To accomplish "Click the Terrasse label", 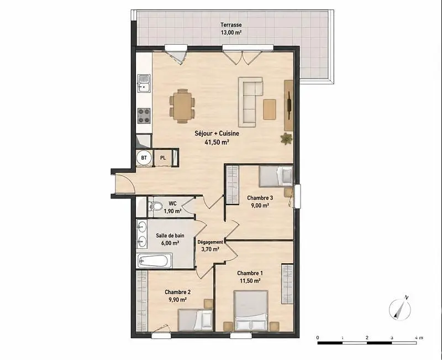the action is click(231, 25).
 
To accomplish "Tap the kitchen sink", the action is click(144, 84).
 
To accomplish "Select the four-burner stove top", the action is click(144, 116).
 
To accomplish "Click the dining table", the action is click(182, 106).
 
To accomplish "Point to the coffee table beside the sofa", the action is click(270, 109).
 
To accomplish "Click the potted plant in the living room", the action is click(286, 139).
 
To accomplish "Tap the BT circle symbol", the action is click(144, 158).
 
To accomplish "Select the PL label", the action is click(163, 158).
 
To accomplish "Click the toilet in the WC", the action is click(155, 206).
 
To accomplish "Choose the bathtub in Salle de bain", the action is click(155, 260).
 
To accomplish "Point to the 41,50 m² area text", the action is click(217, 142).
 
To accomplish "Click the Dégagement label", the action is click(211, 242).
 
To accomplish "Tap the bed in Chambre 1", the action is click(251, 310).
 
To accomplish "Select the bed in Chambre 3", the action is click(276, 176).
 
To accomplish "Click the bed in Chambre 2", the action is click(195, 320).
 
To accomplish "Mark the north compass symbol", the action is click(400, 309).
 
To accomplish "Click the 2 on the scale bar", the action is click(367, 337).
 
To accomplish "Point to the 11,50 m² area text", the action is click(250, 281).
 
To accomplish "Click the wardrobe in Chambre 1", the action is click(287, 284).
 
